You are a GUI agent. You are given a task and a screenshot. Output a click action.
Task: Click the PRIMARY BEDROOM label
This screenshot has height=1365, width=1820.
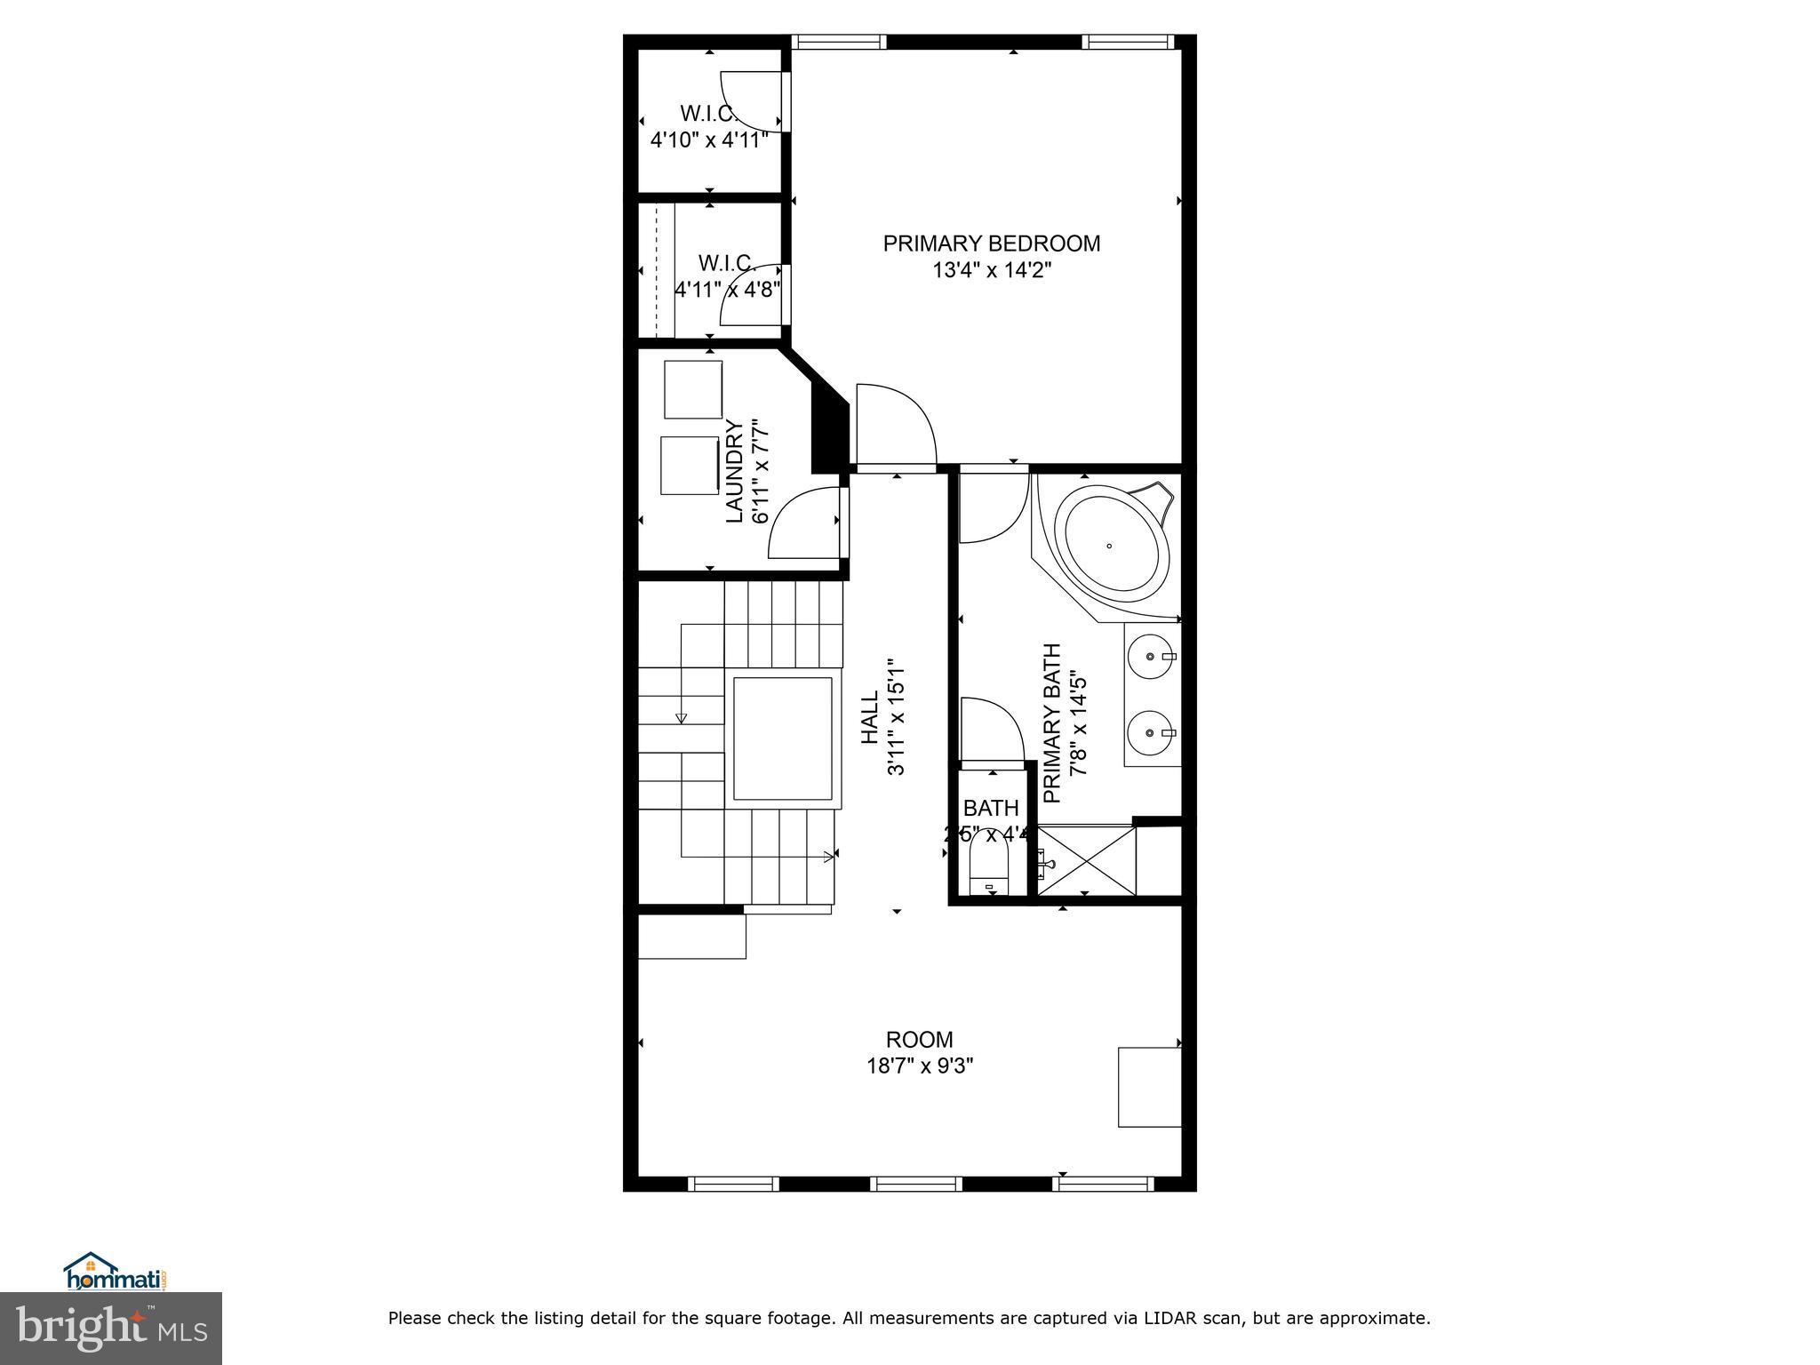tap(991, 243)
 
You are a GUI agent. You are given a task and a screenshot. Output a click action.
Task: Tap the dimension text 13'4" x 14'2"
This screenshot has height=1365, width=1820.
tap(991, 270)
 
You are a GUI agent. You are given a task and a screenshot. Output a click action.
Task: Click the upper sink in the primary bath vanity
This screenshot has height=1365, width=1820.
tap(1151, 657)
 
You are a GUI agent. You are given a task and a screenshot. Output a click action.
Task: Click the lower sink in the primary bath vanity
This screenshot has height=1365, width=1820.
tap(1151, 733)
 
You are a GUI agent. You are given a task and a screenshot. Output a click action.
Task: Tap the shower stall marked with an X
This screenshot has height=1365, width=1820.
tap(1086, 860)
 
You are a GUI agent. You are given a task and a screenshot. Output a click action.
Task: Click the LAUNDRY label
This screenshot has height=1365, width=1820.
tap(735, 471)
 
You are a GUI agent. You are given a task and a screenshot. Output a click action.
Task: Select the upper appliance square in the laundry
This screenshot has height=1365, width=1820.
tap(693, 389)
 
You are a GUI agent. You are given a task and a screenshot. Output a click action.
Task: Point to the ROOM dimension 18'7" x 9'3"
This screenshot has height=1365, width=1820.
tap(920, 1066)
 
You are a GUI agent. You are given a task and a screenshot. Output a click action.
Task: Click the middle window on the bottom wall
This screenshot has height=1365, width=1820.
tap(915, 1183)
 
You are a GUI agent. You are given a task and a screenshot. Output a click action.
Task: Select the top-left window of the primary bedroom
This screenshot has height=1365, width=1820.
tap(839, 42)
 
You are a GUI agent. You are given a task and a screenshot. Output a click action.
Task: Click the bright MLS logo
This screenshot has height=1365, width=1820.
tap(111, 1328)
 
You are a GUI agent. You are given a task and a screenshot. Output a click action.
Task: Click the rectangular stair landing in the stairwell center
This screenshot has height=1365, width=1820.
tap(783, 738)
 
